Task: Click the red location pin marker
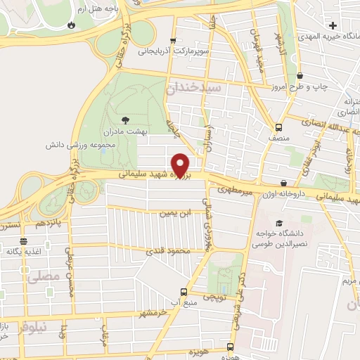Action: pos(181,165)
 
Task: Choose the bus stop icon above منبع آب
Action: pos(184,292)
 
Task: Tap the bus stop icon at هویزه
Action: pos(230,347)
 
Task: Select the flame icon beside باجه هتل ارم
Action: pos(71,25)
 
